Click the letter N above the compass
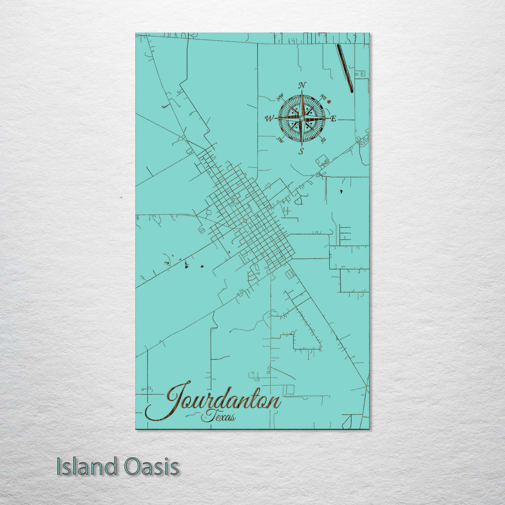click(302, 85)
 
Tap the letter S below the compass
click(302, 151)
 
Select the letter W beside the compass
click(269, 118)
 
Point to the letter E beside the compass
click(333, 118)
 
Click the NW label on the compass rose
click(281, 97)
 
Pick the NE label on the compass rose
click(323, 97)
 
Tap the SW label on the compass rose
click(281, 139)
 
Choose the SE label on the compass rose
click(323, 139)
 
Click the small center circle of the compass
click(302, 118)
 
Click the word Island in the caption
click(87, 467)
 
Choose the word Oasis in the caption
click(151, 467)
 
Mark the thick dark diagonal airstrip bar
click(345, 68)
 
